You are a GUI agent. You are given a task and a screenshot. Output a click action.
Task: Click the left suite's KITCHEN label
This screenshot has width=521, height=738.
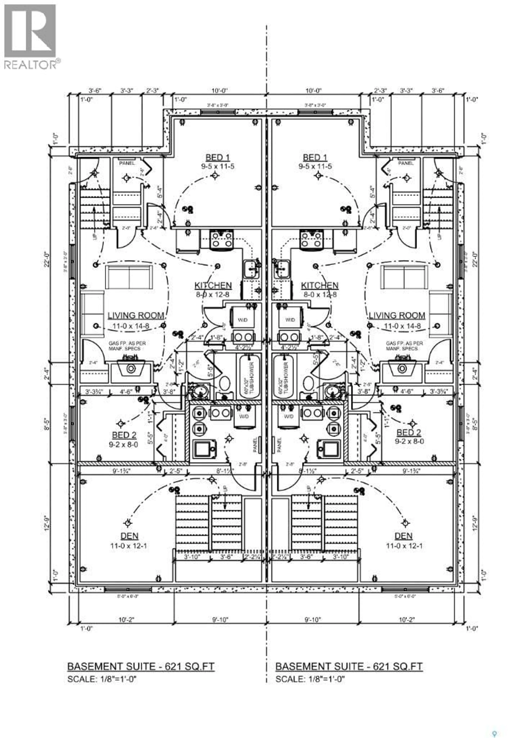click(213, 285)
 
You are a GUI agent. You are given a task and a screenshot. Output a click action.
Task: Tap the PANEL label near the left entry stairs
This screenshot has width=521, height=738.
click(127, 163)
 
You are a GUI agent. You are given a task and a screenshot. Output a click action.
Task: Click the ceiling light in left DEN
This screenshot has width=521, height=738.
click(128, 523)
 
